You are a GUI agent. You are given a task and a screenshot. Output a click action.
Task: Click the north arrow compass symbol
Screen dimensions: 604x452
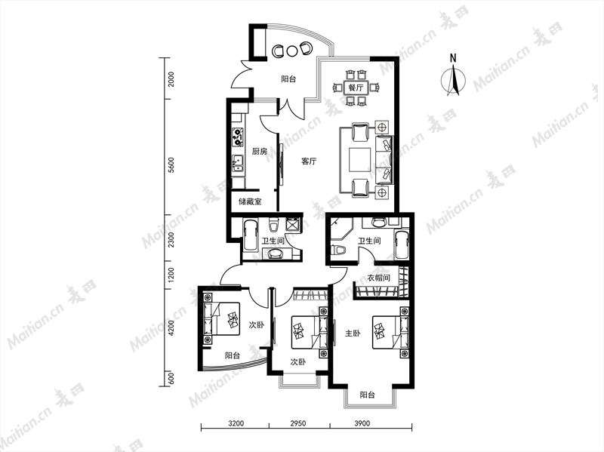[x=454, y=77]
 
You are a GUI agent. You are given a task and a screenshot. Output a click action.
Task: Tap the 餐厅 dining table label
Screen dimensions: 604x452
[x=356, y=88]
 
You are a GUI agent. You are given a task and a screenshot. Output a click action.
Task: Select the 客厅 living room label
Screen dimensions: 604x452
[x=309, y=161]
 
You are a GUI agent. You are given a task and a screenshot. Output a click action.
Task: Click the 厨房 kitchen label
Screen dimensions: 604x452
[x=259, y=152]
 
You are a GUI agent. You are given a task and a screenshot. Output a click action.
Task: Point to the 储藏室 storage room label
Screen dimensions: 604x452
[x=250, y=201]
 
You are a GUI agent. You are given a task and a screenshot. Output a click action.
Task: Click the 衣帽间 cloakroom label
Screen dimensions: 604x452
[x=378, y=278]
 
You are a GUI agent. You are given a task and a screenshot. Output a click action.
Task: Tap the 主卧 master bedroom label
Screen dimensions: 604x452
[x=353, y=334]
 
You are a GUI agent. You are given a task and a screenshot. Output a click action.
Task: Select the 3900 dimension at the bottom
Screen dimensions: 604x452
[x=362, y=423]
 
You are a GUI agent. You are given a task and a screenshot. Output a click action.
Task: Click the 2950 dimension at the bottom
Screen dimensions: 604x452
[x=297, y=423]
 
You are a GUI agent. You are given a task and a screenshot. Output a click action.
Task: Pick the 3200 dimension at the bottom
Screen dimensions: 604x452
[x=236, y=423]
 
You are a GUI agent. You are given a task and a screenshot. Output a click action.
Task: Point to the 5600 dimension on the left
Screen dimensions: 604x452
[x=171, y=165]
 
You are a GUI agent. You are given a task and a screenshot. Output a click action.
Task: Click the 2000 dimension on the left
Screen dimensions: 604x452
[x=171, y=79]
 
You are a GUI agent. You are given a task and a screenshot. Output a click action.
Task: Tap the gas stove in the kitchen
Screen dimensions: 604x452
[x=238, y=137]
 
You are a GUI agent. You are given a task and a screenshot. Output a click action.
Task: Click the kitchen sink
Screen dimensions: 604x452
[x=238, y=163]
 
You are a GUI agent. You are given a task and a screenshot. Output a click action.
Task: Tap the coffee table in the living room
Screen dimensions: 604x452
[x=360, y=160]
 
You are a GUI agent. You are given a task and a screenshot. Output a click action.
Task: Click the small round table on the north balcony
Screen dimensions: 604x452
[x=292, y=51]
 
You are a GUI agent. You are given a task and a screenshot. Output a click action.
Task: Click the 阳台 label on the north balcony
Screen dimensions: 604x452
[x=288, y=79]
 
